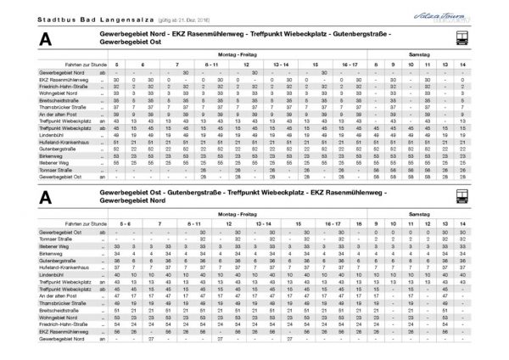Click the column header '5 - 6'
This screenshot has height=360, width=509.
tap(126, 222)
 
